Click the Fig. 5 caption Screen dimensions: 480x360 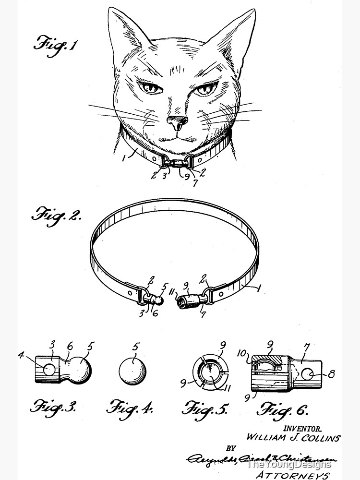click(x=204, y=408)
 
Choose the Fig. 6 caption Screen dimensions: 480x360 click(x=283, y=409)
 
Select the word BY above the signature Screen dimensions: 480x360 click(x=231, y=448)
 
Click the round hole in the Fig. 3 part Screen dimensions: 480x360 click(x=48, y=369)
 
